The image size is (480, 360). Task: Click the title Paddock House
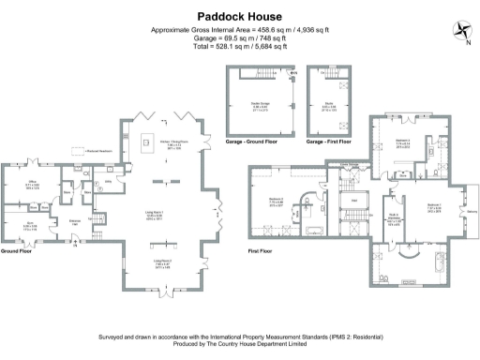point(239,16)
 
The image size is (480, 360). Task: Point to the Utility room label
point(109,179)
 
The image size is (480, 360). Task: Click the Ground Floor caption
point(18,251)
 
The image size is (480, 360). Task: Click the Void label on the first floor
point(355,200)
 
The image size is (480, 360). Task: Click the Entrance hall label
point(75,221)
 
